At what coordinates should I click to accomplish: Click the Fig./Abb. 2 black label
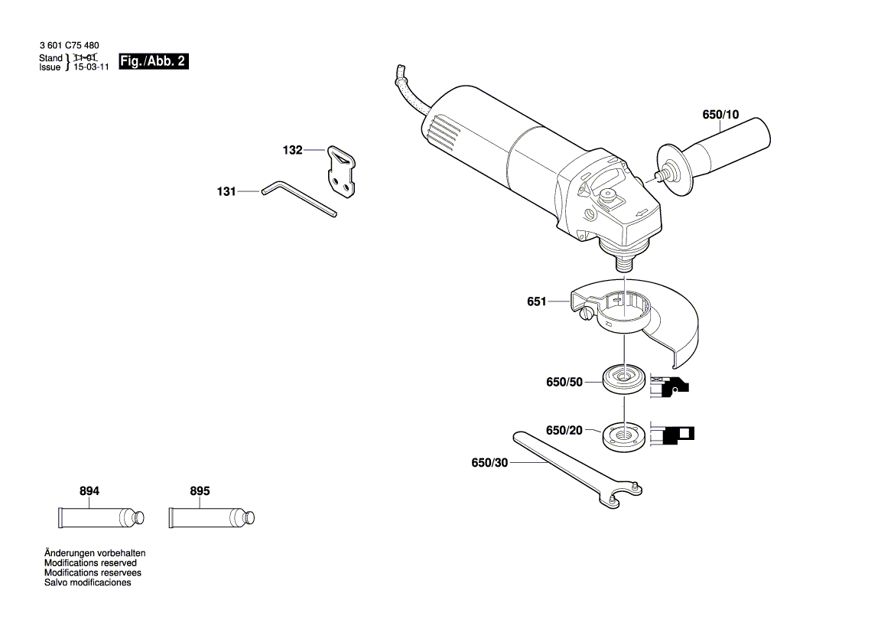[153, 62]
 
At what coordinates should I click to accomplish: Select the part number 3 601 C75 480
[69, 46]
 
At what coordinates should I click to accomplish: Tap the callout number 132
[292, 150]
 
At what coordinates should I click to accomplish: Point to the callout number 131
[226, 192]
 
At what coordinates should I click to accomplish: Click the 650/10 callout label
[720, 115]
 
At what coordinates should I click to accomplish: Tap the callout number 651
[536, 301]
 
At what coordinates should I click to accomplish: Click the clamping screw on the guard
[587, 314]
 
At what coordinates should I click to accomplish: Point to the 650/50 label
[564, 381]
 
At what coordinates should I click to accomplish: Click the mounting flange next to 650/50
[623, 380]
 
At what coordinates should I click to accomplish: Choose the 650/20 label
[564, 431]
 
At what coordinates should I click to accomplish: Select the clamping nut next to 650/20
[623, 435]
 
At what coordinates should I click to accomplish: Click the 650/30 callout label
[489, 462]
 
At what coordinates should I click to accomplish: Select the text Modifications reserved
[90, 562]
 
